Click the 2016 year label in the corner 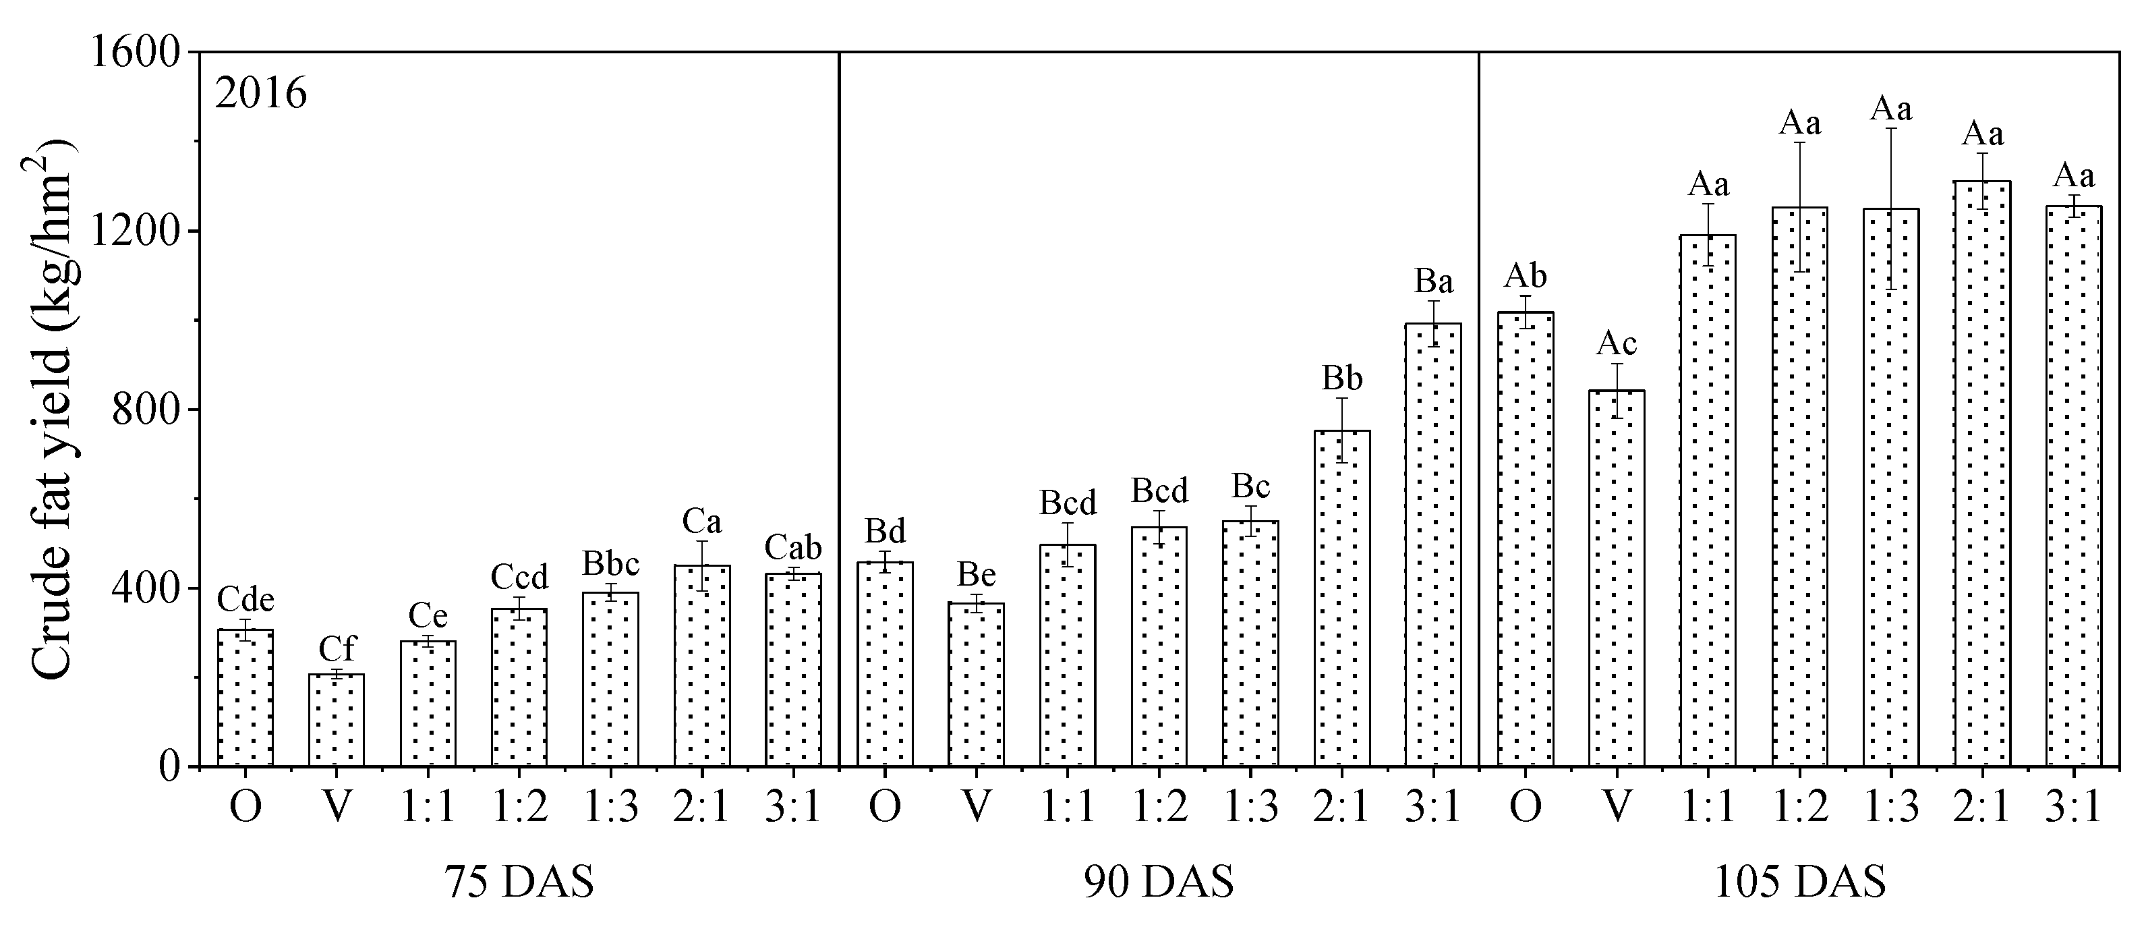[261, 94]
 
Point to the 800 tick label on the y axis [146, 410]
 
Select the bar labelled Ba [1433, 545]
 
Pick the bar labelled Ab [1526, 539]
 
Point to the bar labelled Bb [1342, 598]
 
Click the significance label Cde [245, 599]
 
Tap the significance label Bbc [610, 564]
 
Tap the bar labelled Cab [793, 670]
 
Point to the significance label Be [977, 575]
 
